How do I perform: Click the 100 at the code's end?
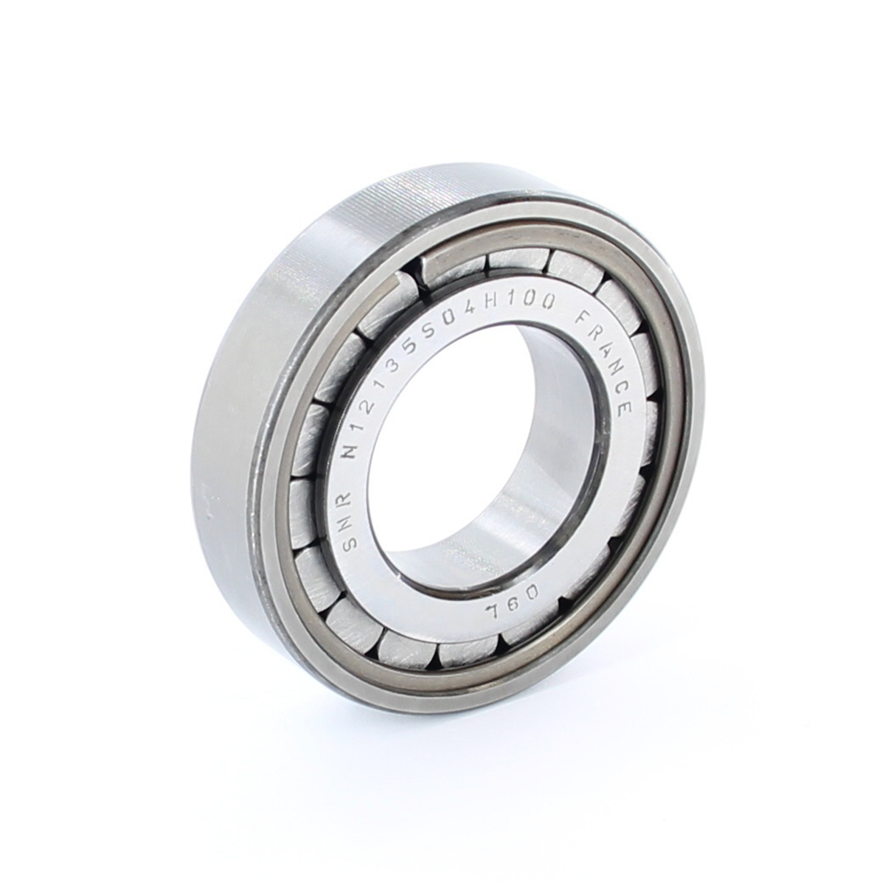[x=532, y=306]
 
